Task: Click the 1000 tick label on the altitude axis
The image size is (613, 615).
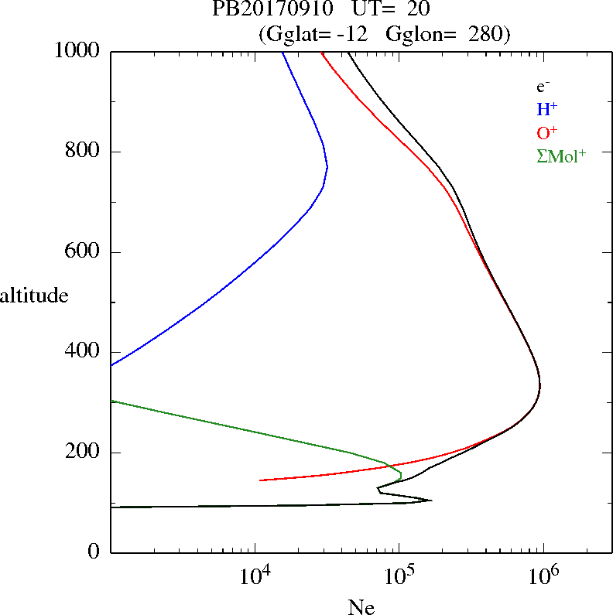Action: point(77,51)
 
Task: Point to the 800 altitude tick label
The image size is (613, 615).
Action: point(84,152)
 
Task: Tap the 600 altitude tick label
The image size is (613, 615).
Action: point(84,252)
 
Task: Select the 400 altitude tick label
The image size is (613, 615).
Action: point(84,352)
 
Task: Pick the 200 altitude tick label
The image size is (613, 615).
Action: point(84,453)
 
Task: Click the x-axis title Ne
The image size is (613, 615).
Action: point(361,607)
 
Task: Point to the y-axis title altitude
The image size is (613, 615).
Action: point(34,295)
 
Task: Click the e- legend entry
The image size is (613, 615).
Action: point(543,87)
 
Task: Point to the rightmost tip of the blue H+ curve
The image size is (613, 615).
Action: point(327,166)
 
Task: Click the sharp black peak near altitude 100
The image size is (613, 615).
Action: point(431,501)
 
